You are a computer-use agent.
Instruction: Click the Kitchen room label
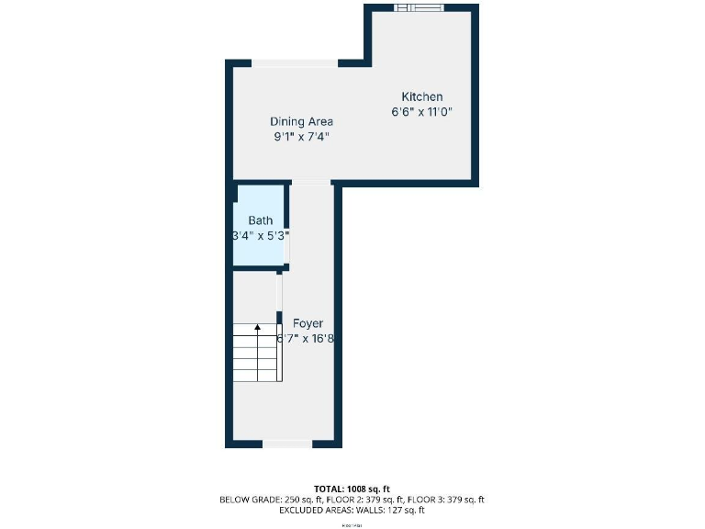coord(422,96)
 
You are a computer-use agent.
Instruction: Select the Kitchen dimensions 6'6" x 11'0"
coord(422,112)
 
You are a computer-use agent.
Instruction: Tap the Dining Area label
coord(301,121)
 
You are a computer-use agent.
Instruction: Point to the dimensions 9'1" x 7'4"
coord(301,137)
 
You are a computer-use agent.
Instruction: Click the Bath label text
coord(261,220)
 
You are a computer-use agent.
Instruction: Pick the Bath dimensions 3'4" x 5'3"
coord(261,235)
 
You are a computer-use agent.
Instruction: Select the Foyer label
coord(308,323)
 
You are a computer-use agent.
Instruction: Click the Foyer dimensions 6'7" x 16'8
coord(308,338)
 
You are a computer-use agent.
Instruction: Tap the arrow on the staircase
coord(258,325)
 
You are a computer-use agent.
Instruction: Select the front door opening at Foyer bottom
coord(286,444)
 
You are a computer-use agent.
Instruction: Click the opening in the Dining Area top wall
coord(295,63)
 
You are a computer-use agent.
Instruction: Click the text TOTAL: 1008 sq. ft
coord(352,489)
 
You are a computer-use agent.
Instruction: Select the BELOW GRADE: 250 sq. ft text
coord(267,500)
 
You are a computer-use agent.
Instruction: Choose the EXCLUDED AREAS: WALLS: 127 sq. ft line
coord(352,510)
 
